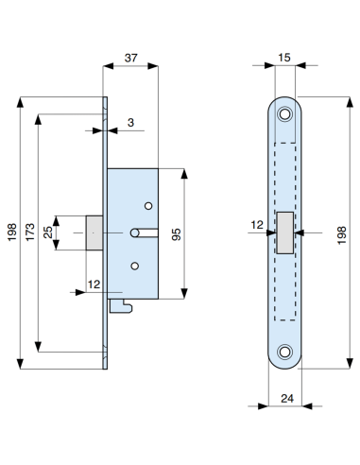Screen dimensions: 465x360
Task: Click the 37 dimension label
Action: (134, 59)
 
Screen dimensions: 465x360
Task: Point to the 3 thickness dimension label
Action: (129, 123)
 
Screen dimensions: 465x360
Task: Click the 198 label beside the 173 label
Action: (10, 232)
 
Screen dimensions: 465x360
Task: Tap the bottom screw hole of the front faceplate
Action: (284, 355)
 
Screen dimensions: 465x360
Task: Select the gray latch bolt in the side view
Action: (94, 232)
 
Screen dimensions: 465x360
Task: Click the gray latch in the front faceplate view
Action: (284, 232)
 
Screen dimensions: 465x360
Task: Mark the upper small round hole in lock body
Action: (147, 206)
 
